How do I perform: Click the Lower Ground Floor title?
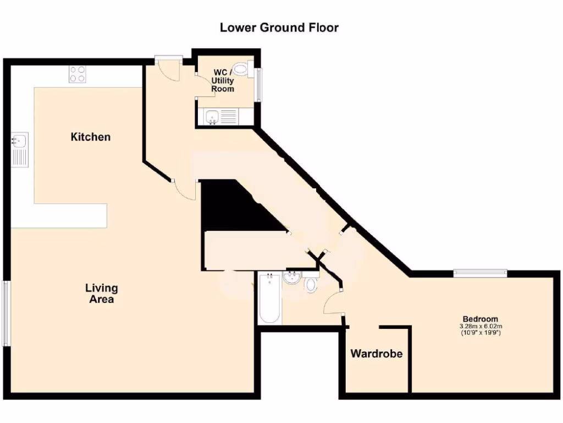tap(279, 27)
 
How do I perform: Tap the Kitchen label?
tap(91, 137)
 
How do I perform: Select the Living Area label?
tap(102, 294)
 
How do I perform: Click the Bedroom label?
tap(481, 319)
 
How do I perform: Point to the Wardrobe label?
tap(377, 354)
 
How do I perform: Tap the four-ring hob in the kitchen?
tap(78, 74)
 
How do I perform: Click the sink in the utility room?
tap(212, 116)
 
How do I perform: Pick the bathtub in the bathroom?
tap(270, 299)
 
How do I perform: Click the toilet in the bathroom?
tap(311, 284)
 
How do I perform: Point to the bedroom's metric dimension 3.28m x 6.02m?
tap(481, 327)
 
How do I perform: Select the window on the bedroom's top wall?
tap(479, 271)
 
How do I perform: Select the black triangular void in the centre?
tap(231, 209)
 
